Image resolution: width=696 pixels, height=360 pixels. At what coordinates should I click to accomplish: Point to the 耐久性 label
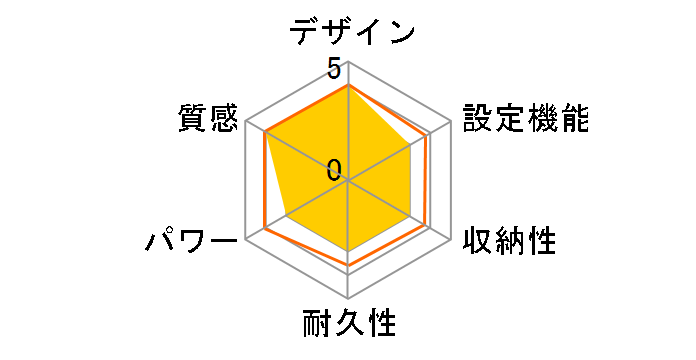click(x=349, y=325)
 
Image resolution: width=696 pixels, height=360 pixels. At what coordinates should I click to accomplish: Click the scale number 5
click(x=333, y=69)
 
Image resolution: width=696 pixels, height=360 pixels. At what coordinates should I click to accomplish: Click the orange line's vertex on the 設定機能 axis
click(x=428, y=134)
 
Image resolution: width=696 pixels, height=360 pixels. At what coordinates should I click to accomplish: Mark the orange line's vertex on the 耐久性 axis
click(x=348, y=266)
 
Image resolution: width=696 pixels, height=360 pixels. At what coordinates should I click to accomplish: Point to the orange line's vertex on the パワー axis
click(x=265, y=227)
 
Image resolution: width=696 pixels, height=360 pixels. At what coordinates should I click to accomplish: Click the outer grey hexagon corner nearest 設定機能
click(x=451, y=121)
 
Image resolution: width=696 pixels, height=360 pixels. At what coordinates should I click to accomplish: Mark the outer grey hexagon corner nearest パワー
click(x=246, y=239)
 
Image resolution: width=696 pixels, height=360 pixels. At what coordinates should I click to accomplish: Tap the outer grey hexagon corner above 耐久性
click(x=348, y=298)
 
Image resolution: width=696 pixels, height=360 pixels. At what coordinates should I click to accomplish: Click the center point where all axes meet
click(x=348, y=180)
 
